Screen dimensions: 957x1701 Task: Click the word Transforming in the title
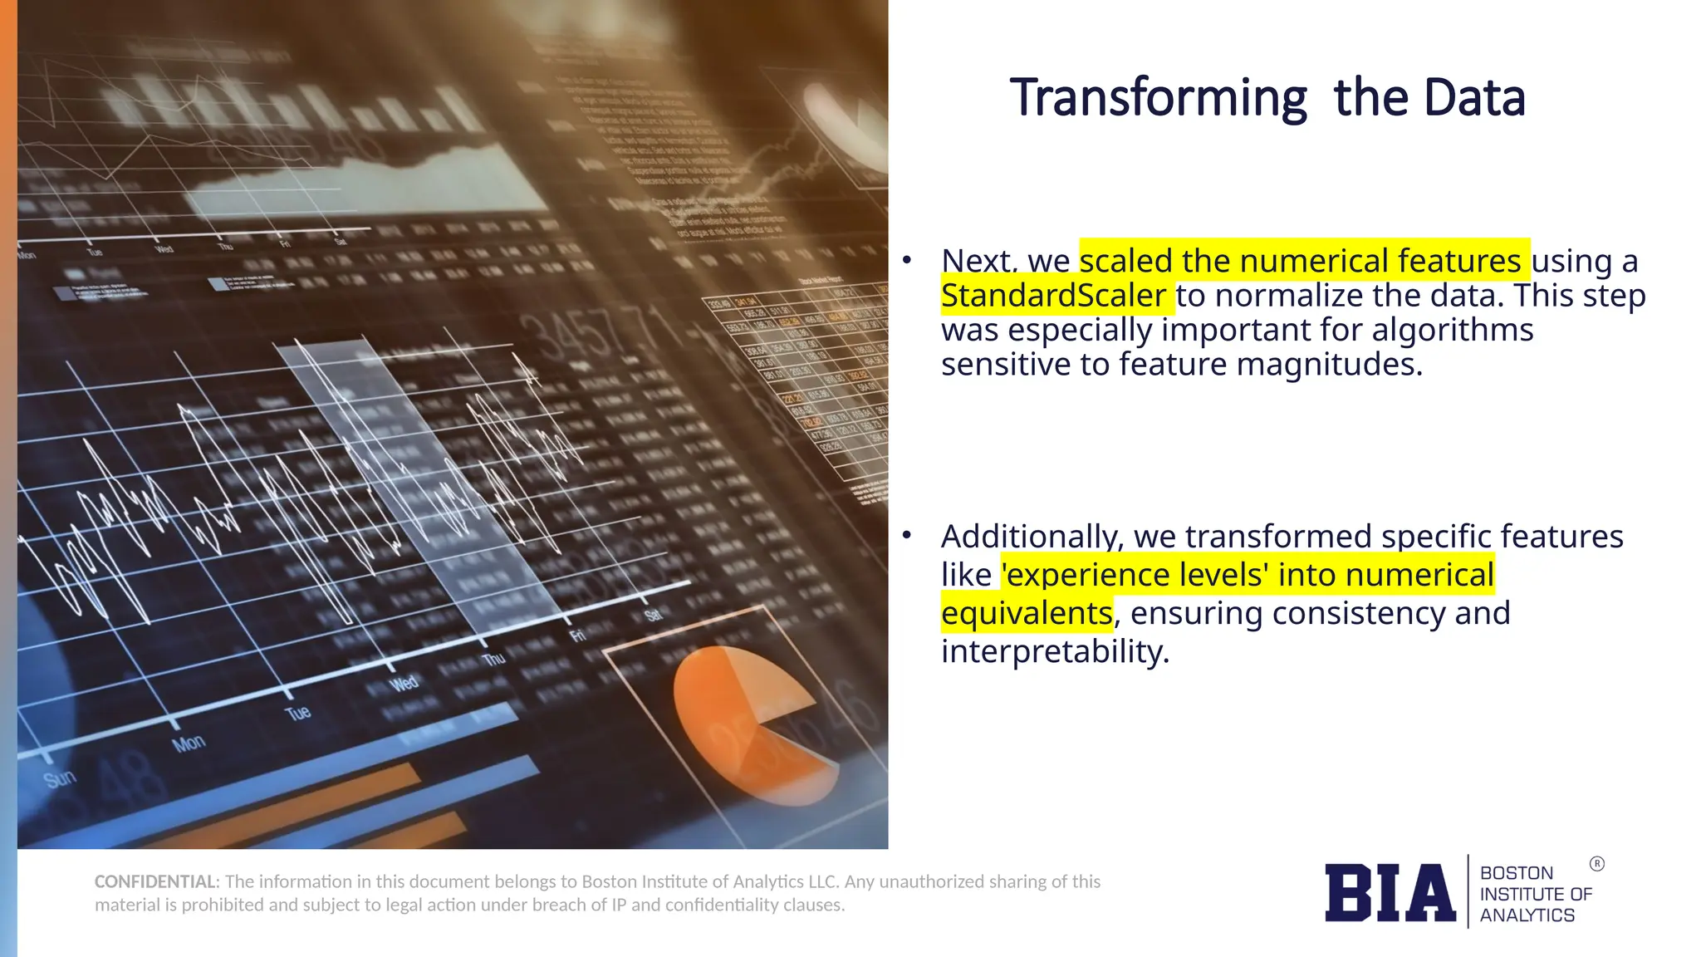[1158, 98]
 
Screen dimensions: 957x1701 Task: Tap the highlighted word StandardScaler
[1053, 296]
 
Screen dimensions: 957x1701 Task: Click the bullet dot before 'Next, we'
[907, 261]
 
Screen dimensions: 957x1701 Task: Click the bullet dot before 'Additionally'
[907, 536]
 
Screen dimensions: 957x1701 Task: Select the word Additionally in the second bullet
[1031, 537]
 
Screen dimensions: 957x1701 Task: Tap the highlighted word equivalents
[1027, 613]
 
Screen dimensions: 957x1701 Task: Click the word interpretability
[1055, 651]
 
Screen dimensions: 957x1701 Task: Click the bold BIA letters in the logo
[1390, 893]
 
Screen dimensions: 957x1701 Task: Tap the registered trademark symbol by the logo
[1596, 864]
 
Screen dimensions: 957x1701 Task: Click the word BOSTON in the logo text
[1516, 873]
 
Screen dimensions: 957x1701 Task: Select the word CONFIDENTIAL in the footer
[155, 881]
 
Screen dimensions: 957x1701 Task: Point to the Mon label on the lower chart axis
[189, 743]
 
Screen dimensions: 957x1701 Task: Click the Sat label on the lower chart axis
[653, 615]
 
